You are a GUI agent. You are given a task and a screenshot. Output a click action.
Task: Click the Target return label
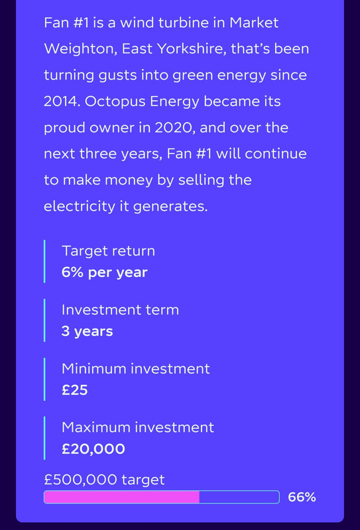click(x=108, y=251)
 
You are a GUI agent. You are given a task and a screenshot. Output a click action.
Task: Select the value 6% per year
click(x=105, y=273)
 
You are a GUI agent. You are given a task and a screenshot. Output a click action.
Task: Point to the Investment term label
click(x=120, y=310)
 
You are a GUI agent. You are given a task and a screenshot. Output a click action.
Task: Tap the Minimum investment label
click(x=136, y=369)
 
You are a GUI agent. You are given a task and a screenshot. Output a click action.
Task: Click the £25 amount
click(x=75, y=390)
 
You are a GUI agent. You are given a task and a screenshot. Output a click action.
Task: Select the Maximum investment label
click(x=138, y=427)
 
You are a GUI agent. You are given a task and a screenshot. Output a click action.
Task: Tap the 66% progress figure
click(x=302, y=498)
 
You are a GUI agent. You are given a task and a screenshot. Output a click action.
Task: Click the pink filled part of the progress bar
click(x=122, y=498)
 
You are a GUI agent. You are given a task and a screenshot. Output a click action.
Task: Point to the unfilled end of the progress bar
click(x=239, y=498)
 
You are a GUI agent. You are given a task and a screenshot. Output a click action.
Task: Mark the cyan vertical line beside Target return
click(x=44, y=261)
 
